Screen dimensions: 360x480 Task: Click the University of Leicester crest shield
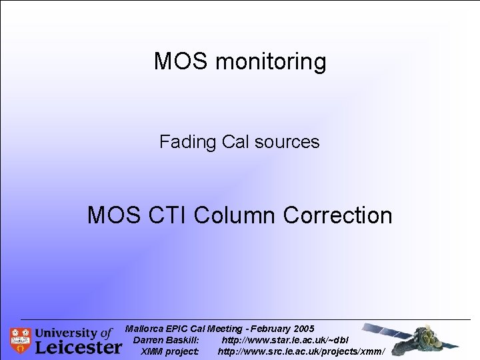pyautogui.click(x=20, y=340)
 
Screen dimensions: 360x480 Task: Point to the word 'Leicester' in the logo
pyautogui.click(x=78, y=347)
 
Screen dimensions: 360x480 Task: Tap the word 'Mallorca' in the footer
pyautogui.click(x=145, y=329)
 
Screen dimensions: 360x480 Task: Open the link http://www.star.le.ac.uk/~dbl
pyautogui.click(x=285, y=340)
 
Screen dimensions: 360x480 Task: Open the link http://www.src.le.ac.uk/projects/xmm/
pyautogui.click(x=301, y=351)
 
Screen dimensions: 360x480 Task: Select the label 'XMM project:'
pyautogui.click(x=169, y=351)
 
